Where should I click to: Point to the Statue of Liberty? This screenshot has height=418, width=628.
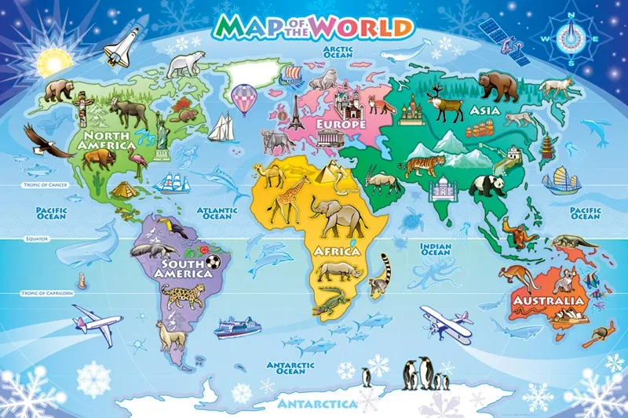(x=162, y=129)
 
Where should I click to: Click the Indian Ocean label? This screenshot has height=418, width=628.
(x=436, y=249)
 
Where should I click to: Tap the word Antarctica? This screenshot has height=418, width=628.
(x=317, y=404)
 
